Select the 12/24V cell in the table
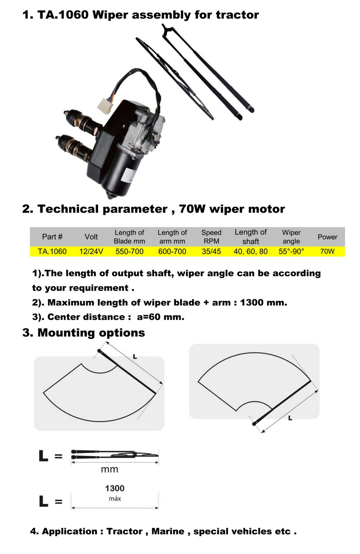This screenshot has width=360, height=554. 91,251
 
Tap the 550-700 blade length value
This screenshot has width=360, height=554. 129,251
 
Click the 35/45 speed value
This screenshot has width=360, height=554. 211,251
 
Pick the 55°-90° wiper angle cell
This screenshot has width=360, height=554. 291,251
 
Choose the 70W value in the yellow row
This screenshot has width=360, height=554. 327,251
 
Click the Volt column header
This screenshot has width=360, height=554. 91,237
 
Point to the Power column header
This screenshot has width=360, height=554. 327,237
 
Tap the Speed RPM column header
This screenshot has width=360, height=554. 211,237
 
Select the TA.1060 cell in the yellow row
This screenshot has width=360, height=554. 52,251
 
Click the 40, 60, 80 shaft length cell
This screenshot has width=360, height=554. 251,251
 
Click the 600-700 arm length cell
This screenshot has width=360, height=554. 172,251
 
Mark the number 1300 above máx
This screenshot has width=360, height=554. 115,488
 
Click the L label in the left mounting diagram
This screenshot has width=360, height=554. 135,357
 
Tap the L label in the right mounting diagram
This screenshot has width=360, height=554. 290,418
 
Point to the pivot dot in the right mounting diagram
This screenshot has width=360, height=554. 254,424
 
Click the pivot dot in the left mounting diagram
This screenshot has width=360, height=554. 99,351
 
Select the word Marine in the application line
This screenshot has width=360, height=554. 168,532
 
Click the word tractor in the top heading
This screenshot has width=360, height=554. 237,15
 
